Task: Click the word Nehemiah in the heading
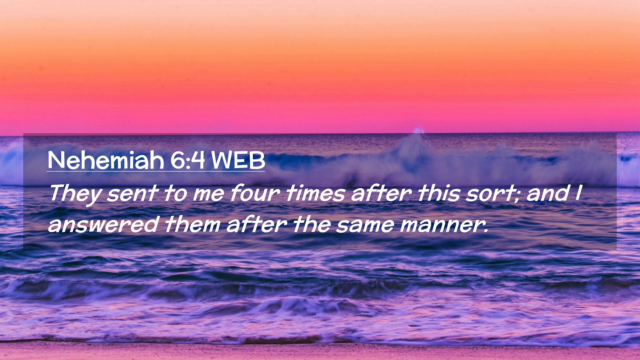tap(106, 160)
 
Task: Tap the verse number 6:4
tap(187, 160)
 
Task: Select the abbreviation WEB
tap(238, 160)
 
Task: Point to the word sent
tap(132, 193)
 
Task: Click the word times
tap(315, 193)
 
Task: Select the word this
tap(439, 193)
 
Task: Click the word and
tap(548, 193)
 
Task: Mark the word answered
tap(103, 224)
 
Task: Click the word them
tap(193, 224)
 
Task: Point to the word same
tap(365, 225)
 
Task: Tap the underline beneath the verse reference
tap(156, 171)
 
